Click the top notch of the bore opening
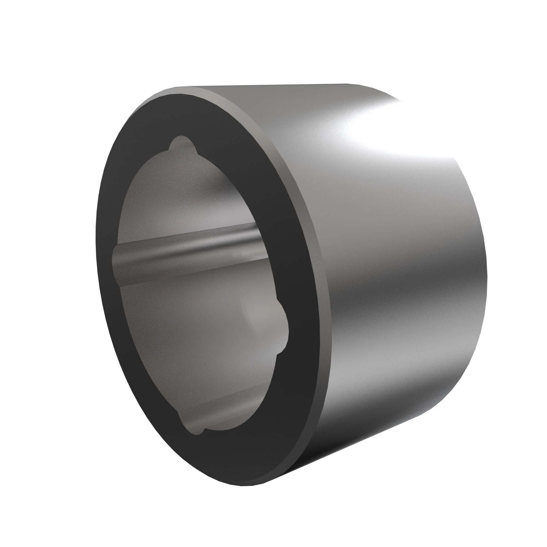point(181,143)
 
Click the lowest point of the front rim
point(243,486)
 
